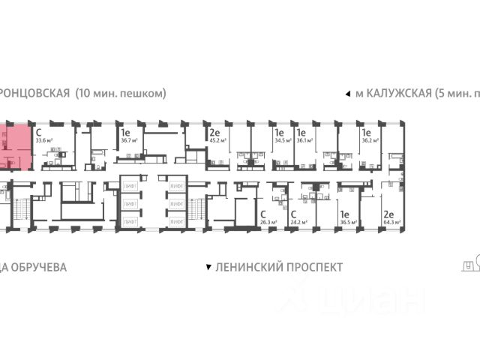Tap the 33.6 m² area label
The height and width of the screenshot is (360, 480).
pos(45,139)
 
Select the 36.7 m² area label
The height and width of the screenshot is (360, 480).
pos(128,139)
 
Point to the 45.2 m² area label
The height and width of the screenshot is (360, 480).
pos(218,139)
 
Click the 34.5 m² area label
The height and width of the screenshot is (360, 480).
pos(282,139)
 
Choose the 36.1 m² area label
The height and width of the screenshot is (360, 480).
pos(305,139)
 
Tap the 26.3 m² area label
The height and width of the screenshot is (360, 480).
pos(268,222)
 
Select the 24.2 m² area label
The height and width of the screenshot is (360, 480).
pos(300,222)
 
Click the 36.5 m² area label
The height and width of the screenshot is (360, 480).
pos(347,222)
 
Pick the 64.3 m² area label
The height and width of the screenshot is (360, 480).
pos(391,222)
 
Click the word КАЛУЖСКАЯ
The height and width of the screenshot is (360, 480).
pos(398,94)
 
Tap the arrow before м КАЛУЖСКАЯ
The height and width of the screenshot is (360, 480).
pos(346,94)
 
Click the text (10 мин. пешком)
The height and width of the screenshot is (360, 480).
pos(120,94)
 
